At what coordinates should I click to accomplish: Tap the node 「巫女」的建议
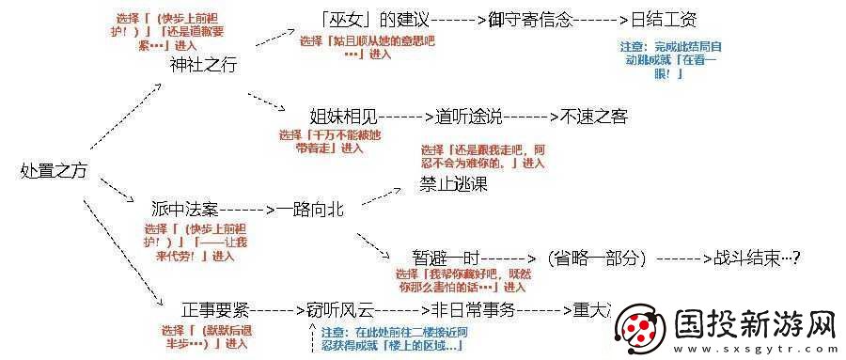point(375,19)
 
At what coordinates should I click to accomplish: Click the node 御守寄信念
point(530,19)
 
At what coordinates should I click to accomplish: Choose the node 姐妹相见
point(343,117)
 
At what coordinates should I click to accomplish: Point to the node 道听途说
point(465,117)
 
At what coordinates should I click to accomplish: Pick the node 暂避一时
point(446,256)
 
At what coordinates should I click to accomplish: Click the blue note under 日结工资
point(671,59)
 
